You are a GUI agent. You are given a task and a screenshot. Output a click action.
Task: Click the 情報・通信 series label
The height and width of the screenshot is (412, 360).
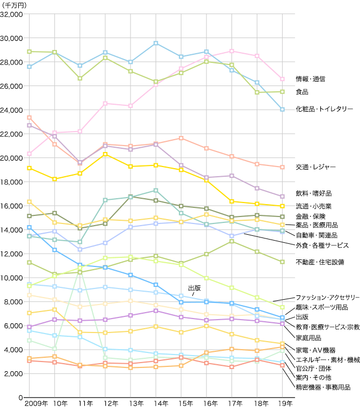pos(311,79)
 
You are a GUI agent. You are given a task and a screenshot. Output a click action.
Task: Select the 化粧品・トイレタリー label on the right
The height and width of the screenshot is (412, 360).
pos(324,109)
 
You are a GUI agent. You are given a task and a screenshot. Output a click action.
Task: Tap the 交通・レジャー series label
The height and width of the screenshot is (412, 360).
pos(315,167)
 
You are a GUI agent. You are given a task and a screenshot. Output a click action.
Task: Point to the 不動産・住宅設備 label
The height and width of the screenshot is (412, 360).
pos(321,262)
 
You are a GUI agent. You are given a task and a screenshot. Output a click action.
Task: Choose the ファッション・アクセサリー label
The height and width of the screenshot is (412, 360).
pos(327,297)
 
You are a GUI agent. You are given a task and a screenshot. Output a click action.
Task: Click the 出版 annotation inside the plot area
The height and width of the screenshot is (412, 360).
pos(194,288)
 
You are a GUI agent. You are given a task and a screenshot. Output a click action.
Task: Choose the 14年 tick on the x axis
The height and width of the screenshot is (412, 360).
pos(156,404)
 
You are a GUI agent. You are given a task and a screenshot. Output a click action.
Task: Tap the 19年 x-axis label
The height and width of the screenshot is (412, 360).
pos(282,404)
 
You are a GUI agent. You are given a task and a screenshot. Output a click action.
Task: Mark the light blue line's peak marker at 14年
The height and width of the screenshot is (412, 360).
pos(156,43)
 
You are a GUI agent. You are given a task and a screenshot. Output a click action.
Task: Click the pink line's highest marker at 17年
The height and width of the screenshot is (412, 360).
pos(232,51)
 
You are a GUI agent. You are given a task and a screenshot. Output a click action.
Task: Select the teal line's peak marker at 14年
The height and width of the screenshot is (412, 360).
pos(156,190)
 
